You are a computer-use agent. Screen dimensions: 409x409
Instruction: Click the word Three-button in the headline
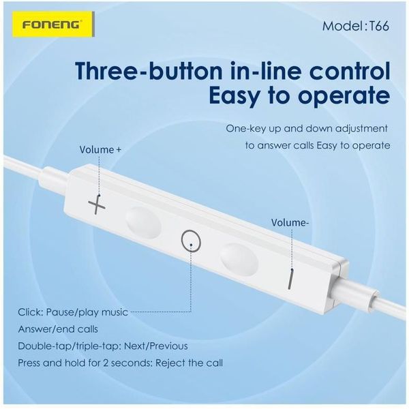coord(148,71)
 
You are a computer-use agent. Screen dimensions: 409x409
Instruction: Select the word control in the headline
coord(350,71)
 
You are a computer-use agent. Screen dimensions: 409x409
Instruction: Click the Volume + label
coord(100,150)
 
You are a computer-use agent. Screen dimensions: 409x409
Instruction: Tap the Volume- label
coord(290,223)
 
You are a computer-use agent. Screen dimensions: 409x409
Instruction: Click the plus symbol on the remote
coord(97,206)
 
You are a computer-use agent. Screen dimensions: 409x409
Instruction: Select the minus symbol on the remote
coord(291,280)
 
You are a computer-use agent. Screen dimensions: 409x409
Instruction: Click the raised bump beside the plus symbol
coord(143,222)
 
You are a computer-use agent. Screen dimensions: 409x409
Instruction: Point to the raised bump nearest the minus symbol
coord(239,260)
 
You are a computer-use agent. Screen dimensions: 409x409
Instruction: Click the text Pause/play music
coord(87,312)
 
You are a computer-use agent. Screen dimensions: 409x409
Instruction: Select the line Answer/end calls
coord(58,329)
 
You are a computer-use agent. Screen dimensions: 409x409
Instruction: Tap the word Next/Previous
coord(155,346)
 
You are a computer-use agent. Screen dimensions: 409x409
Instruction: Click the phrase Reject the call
coord(189,363)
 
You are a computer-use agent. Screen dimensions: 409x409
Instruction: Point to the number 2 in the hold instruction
coord(106,363)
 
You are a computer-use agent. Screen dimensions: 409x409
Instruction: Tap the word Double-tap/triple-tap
coord(69,346)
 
